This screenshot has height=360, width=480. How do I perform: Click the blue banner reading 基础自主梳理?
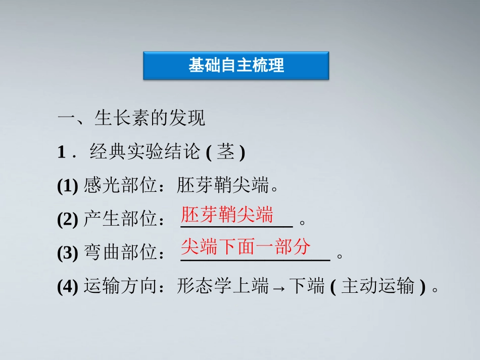[236, 66]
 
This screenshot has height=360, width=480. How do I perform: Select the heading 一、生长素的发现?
[131, 119]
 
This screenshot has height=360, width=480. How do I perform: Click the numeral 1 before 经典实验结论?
[62, 152]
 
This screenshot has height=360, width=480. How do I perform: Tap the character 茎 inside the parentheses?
[225, 152]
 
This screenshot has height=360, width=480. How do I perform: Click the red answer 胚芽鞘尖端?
[227, 215]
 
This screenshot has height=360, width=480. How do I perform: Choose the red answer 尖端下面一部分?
[246, 247]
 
